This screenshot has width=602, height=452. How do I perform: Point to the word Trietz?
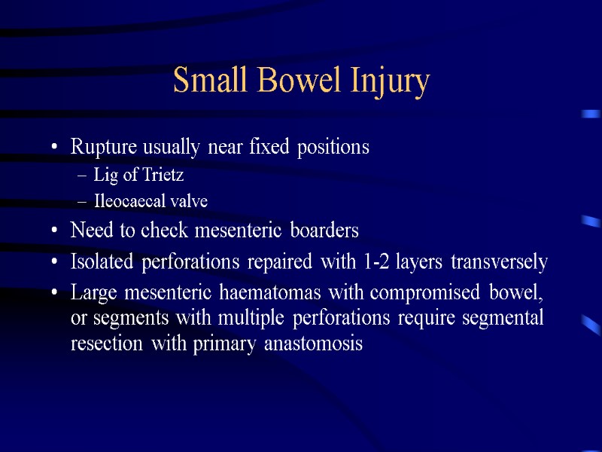(x=163, y=176)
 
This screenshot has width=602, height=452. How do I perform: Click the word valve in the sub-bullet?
(x=189, y=202)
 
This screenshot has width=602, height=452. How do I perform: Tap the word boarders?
(x=326, y=231)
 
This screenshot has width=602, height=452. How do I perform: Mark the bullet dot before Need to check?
(x=56, y=231)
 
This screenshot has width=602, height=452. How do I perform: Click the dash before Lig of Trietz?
(x=82, y=176)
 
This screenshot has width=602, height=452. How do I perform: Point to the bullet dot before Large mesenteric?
(x=56, y=292)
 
